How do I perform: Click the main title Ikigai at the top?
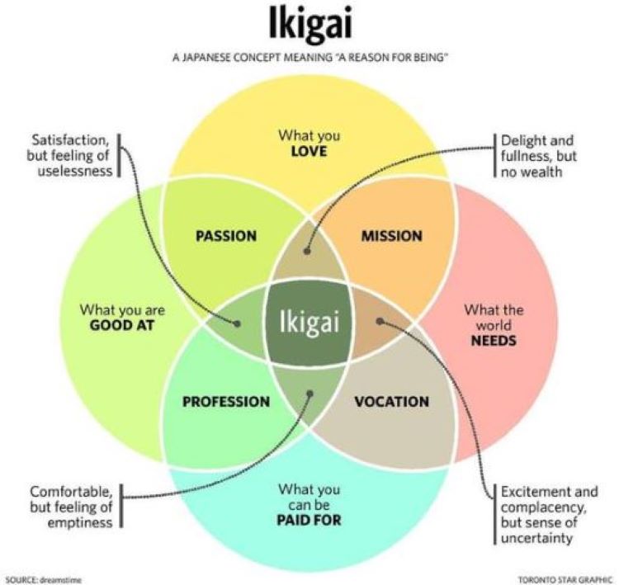[309, 25]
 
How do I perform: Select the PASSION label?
[225, 236]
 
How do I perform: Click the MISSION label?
[391, 236]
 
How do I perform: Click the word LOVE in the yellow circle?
[309, 152]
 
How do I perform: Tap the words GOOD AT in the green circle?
[122, 325]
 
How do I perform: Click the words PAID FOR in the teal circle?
[309, 521]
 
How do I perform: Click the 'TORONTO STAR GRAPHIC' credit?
[565, 579]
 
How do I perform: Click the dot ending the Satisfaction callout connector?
[238, 324]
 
